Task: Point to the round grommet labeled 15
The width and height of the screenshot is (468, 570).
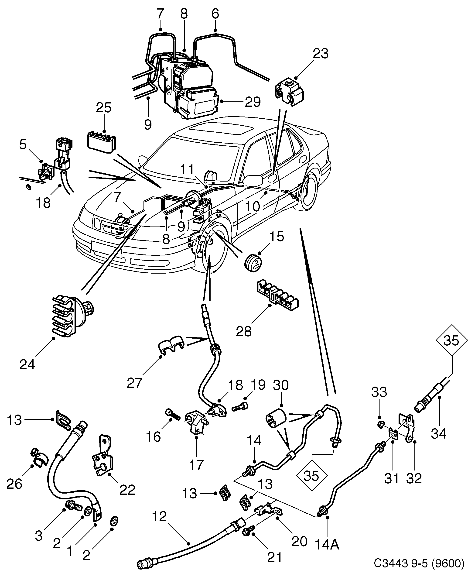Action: click(x=253, y=262)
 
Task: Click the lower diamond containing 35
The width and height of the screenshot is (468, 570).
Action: click(x=311, y=476)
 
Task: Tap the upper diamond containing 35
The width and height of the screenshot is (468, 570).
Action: click(x=451, y=340)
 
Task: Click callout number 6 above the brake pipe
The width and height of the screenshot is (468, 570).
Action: click(x=215, y=14)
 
